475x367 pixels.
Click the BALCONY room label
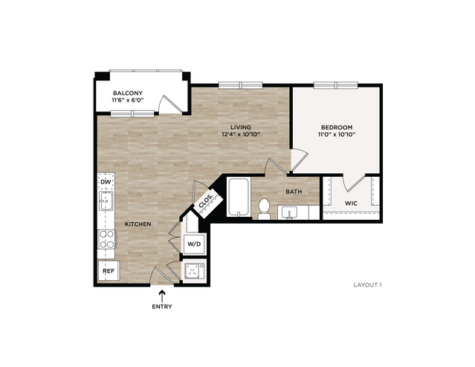coord(128,93)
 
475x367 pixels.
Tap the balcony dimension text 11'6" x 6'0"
coord(128,100)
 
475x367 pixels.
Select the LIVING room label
coord(241,127)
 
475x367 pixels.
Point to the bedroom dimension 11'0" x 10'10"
coord(337,134)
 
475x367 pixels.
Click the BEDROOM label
coord(337,128)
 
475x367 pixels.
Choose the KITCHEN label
coord(138,224)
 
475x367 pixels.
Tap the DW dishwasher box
coord(106,182)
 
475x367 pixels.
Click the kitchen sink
coord(106,201)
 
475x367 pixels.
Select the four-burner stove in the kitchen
coord(106,239)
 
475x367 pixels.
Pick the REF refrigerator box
coord(109,270)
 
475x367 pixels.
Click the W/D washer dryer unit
coord(194,244)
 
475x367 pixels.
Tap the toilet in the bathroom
coord(264,209)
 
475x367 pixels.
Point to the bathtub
coord(239,197)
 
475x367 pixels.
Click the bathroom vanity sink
coord(289,212)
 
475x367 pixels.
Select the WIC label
coord(351,203)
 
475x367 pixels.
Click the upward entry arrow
coord(162,296)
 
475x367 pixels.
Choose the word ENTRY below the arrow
coord(162,306)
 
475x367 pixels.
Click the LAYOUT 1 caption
coord(368,285)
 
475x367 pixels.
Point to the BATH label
coord(294,192)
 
